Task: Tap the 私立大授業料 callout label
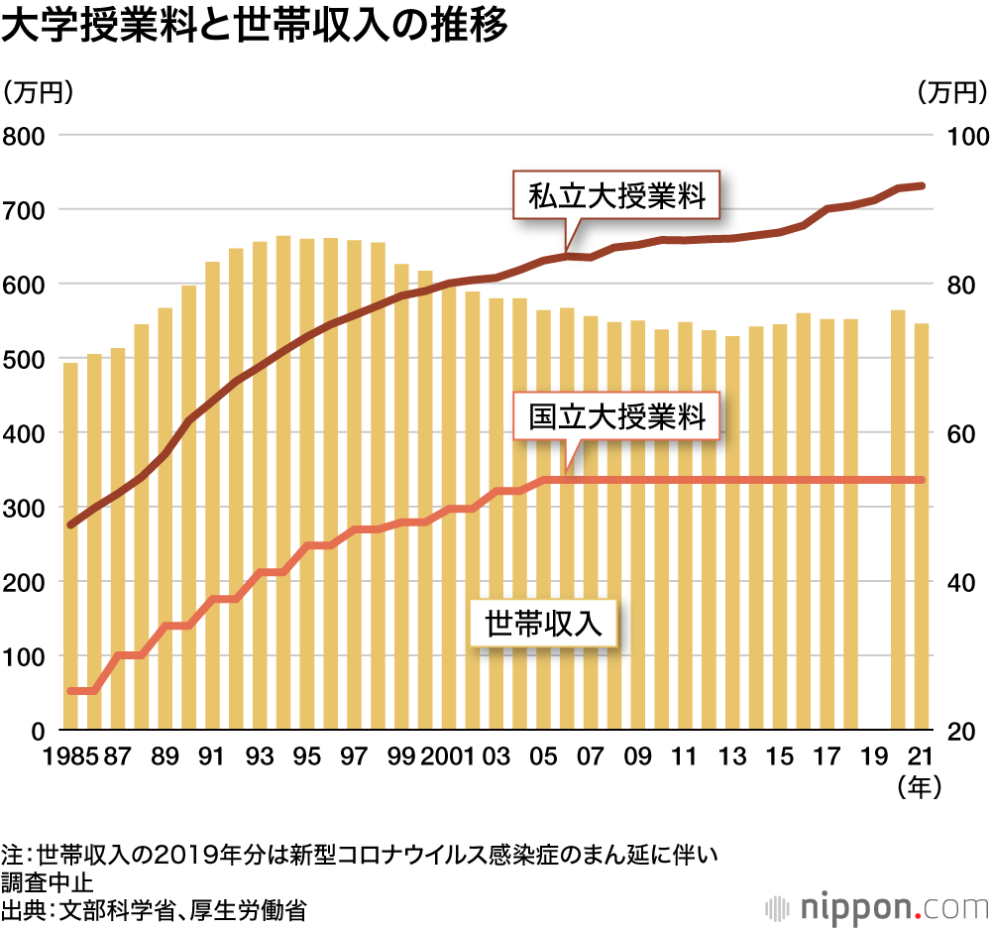coord(616,196)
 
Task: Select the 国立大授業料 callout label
coord(616,416)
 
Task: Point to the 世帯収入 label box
coord(544,624)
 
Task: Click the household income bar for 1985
coord(70,546)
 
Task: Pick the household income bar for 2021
coord(921,526)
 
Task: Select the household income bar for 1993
coord(260,486)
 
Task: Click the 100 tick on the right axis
coord(960,135)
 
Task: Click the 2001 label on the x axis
coord(449,757)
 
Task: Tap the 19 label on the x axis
coord(874,757)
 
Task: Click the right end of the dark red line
coord(922,185)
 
